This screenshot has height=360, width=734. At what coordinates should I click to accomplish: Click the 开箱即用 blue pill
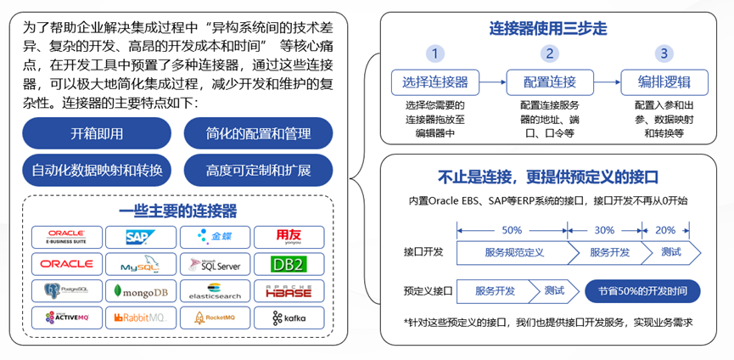[97, 134]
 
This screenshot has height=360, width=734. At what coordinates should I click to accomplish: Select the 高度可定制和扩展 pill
[258, 170]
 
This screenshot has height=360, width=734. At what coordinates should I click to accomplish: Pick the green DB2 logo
[286, 264]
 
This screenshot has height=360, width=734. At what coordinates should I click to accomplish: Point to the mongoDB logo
[141, 291]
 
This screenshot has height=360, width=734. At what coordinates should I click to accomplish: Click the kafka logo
[286, 318]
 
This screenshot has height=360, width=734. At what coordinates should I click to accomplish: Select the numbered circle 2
[551, 54]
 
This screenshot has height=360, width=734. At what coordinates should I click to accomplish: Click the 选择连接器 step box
[434, 82]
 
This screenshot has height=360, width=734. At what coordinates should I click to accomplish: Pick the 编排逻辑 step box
[664, 82]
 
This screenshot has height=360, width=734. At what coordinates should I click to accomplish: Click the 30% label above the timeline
[604, 230]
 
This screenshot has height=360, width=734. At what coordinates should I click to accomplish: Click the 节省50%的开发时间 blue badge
[643, 290]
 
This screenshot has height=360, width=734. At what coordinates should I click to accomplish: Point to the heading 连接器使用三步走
[549, 29]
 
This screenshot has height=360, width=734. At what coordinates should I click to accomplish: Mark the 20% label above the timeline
[665, 230]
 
